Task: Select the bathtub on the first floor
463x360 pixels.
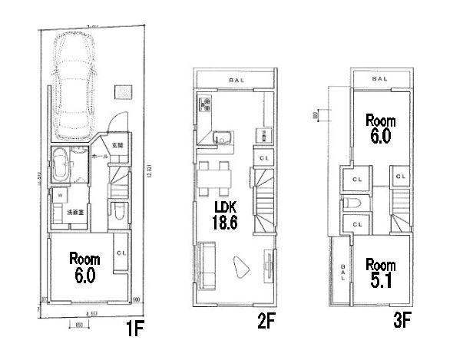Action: pyautogui.click(x=61, y=163)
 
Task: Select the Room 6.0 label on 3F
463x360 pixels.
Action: pyautogui.click(x=379, y=128)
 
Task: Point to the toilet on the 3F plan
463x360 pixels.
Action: pyautogui.click(x=355, y=203)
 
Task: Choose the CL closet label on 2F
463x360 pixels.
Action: pyautogui.click(x=263, y=158)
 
